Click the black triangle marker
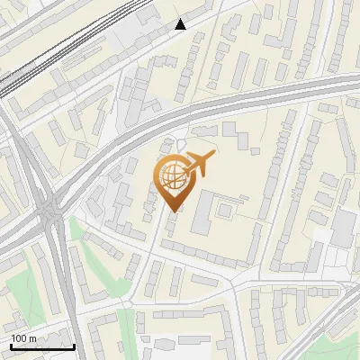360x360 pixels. tap(181, 24)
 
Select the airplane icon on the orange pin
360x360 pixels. tap(198, 164)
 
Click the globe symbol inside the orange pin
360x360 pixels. tap(171, 175)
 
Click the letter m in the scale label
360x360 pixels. tap(32, 338)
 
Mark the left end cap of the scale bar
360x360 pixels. tap(11, 346)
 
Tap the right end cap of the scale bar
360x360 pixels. tap(74, 346)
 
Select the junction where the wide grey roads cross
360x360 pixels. tap(49, 216)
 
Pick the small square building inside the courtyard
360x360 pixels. tap(222, 210)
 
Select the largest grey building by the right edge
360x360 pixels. tap(343, 229)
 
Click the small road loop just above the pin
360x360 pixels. tap(182, 144)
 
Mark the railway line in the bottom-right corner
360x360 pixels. tap(337, 310)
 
